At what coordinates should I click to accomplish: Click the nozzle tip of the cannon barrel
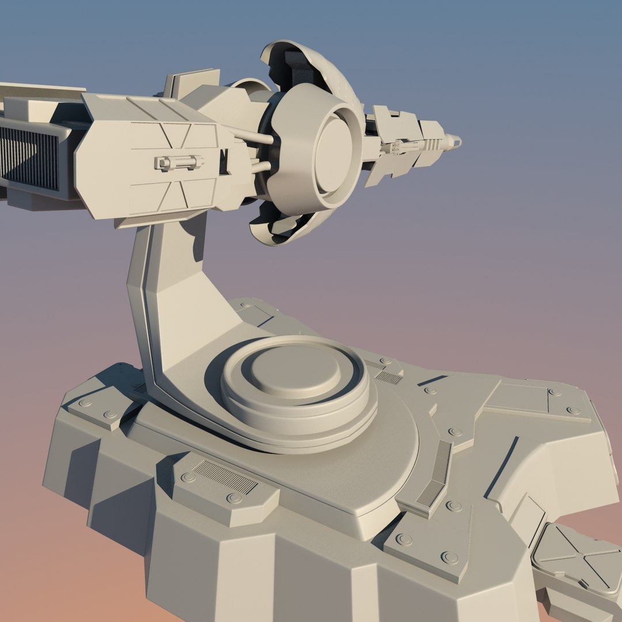click(455, 139)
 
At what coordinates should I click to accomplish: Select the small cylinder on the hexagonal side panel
click(179, 163)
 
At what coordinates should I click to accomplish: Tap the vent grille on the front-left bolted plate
click(225, 477)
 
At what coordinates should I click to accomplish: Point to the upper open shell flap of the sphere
click(305, 63)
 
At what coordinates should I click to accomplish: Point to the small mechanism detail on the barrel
click(406, 147)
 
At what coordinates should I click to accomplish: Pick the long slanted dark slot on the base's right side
click(501, 466)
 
